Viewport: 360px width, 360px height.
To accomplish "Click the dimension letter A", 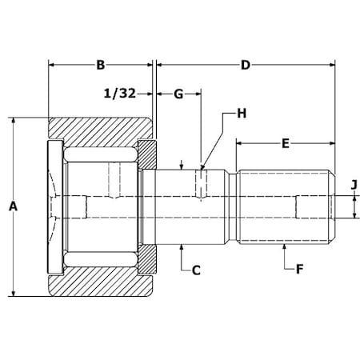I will (x=12, y=207).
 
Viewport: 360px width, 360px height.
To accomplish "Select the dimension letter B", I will (x=100, y=64).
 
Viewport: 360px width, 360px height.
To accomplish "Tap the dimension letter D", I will (x=245, y=64).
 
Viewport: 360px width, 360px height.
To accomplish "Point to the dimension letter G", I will (x=178, y=94).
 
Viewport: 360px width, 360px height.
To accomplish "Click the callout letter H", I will (x=241, y=114).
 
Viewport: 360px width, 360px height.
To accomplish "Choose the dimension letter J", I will (x=353, y=186).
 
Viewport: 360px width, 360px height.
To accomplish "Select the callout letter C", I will (x=194, y=270).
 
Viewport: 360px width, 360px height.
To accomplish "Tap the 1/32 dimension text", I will (x=120, y=94).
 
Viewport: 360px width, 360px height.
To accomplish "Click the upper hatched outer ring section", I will (x=100, y=130).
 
